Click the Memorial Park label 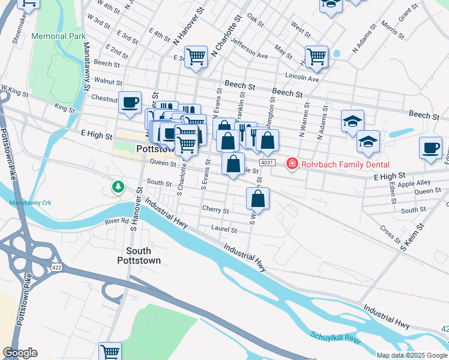click(59, 37)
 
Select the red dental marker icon click(292, 163)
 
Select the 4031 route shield click(268, 163)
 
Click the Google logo click(20, 353)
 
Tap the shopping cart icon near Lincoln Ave click(316, 57)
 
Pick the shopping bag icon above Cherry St click(258, 198)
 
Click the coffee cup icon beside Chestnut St click(130, 102)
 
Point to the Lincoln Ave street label click(302, 78)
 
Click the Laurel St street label click(224, 229)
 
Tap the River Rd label click(116, 221)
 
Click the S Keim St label click(413, 235)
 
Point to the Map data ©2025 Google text click(411, 355)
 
